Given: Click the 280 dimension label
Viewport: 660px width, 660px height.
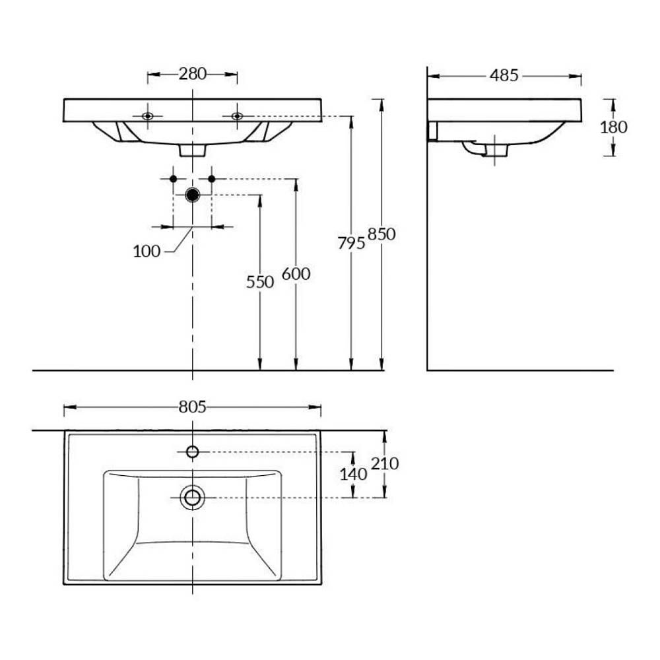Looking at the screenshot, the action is (192, 74).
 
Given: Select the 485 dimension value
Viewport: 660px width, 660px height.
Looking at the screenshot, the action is (504, 76).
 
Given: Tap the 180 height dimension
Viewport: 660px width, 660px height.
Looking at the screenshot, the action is (613, 127).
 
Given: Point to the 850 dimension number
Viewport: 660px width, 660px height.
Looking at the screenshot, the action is (381, 234).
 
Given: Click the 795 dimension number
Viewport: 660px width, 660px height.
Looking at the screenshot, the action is (351, 243).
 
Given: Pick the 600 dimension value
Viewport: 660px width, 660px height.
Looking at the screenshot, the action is (296, 274).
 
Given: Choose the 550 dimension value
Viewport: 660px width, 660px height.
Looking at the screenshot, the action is (260, 282).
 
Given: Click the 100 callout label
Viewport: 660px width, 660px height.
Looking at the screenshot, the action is (147, 251).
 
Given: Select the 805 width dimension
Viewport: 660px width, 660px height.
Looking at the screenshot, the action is (192, 407).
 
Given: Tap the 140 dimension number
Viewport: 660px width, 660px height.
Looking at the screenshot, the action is (354, 475).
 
